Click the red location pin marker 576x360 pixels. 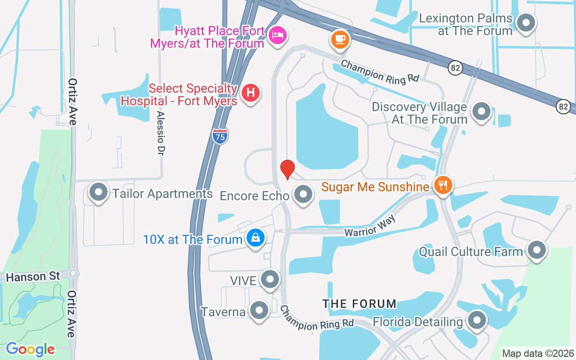[287, 169]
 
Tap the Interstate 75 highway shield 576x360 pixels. [220, 135]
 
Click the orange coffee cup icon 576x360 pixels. [340, 39]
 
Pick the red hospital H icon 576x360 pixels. [251, 93]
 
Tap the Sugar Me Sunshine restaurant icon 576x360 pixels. [443, 184]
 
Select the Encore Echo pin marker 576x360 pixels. [303, 194]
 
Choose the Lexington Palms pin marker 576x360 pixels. [526, 22]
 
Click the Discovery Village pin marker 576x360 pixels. [481, 111]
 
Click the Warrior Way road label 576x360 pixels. [370, 226]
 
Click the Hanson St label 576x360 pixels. [33, 276]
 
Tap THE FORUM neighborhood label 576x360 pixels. [359, 304]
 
